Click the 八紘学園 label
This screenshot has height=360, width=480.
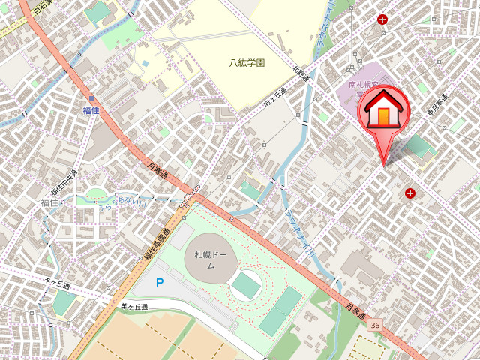point(247,63)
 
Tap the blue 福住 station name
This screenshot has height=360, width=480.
point(91,110)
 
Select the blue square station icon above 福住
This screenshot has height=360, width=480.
point(91,98)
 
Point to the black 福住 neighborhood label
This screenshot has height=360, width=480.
point(49,202)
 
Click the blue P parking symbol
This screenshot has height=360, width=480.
point(159,283)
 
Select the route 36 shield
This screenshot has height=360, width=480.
point(374,324)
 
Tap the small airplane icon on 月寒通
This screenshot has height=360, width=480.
point(190,197)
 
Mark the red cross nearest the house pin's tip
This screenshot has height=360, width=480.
point(410,193)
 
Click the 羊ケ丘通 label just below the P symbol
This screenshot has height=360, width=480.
point(135,306)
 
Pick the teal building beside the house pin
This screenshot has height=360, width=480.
point(417,146)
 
